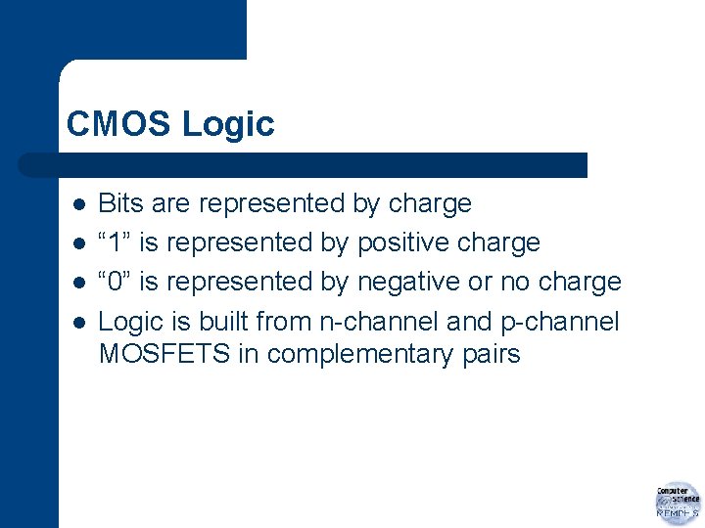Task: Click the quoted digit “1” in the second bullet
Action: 115,242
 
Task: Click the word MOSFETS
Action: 164,353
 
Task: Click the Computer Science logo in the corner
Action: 678,503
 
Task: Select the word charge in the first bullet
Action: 430,203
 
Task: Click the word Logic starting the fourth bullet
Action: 130,321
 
